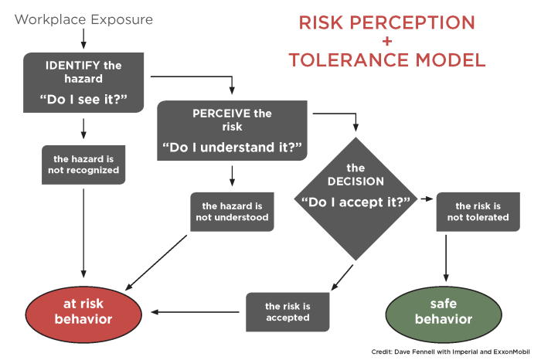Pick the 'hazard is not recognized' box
coord(83,163)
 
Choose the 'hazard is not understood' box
coord(233,212)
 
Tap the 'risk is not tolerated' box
coord(482,212)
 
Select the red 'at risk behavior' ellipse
coord(83,311)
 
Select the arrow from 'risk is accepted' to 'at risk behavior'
coord(198,312)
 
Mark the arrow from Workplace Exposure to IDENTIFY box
coord(83,39)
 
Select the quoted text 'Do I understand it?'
coord(232,147)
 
